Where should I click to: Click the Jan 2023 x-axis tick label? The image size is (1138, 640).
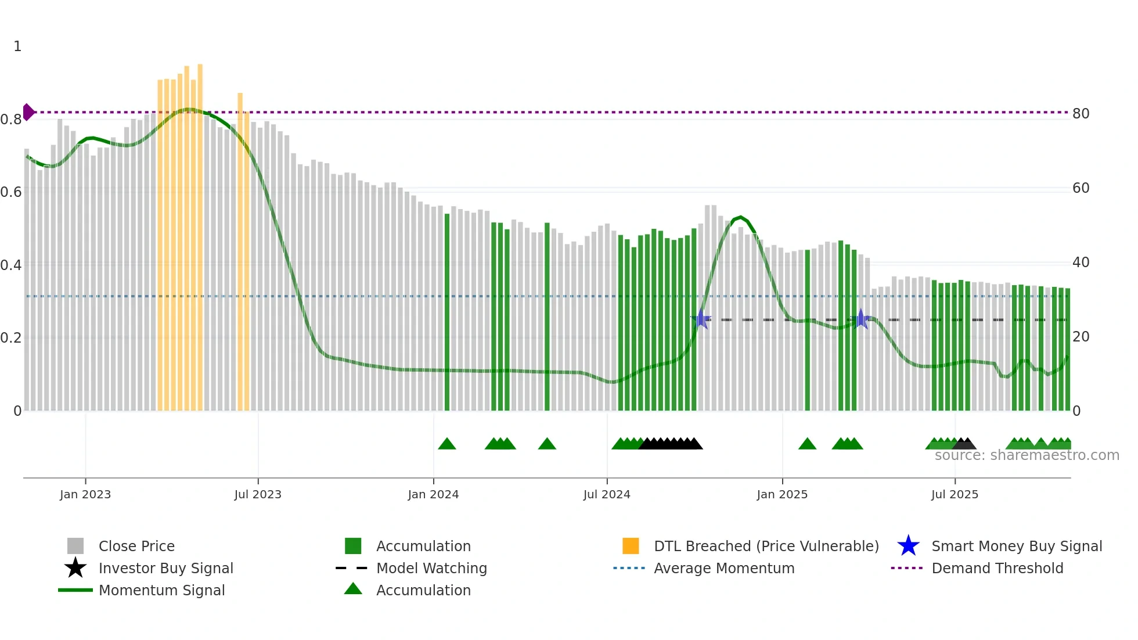click(85, 494)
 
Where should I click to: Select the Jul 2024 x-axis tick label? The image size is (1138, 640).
click(606, 494)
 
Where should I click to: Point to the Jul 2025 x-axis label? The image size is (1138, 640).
click(955, 494)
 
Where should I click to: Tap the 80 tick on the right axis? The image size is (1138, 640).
click(1081, 114)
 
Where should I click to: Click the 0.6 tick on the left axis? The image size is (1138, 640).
click(11, 192)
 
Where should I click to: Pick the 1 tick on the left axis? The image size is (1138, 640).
click(17, 46)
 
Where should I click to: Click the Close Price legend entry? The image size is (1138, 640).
click(136, 546)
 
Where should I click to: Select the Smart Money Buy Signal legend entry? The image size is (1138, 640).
click(1016, 546)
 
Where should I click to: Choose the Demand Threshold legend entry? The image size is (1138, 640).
click(997, 568)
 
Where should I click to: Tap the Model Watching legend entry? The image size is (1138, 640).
click(431, 568)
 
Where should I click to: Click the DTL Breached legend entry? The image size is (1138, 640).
click(765, 546)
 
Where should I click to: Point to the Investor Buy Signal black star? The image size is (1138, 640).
click(75, 568)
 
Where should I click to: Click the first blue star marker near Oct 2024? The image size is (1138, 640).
click(701, 319)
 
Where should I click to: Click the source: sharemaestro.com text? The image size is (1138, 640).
click(1027, 455)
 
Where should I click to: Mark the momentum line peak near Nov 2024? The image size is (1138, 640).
click(740, 217)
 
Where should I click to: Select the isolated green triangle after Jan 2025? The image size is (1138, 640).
click(807, 444)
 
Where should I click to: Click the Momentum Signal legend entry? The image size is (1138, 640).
click(161, 590)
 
